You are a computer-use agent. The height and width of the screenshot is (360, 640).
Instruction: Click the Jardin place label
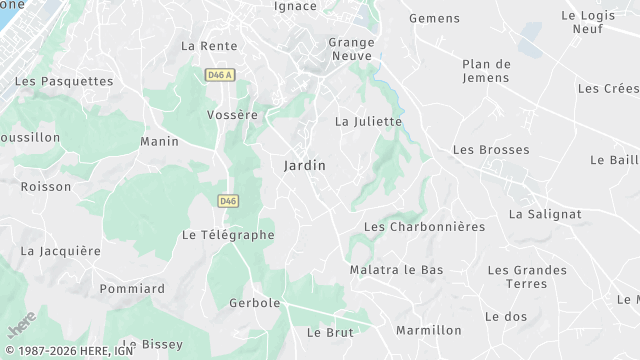point(305,165)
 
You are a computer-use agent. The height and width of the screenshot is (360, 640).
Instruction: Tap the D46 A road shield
point(218,75)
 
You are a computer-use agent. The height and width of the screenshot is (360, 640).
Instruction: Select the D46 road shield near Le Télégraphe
point(228,201)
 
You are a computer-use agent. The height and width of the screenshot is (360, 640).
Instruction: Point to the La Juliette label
point(368,122)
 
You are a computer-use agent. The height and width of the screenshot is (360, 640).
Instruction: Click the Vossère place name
point(232,115)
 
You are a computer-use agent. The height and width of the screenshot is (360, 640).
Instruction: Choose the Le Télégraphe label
point(228,235)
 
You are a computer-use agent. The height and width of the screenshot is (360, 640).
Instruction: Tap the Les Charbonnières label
point(424,227)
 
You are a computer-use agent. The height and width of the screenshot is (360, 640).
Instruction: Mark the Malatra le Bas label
point(396,270)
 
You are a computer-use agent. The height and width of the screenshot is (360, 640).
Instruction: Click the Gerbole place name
point(254,303)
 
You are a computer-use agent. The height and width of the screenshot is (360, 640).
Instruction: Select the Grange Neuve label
point(352,50)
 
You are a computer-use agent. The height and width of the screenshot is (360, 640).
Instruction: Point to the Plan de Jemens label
point(487,72)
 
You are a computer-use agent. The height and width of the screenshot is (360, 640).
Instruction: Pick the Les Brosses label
point(491,149)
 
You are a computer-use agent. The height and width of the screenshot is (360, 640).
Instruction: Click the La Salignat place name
point(545,214)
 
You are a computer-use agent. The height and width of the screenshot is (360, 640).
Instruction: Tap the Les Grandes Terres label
point(527,278)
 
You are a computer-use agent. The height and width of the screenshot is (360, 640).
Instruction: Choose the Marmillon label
point(429,330)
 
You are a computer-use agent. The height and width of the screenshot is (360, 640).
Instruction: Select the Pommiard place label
point(132,289)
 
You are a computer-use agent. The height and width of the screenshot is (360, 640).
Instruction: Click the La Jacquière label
point(61,251)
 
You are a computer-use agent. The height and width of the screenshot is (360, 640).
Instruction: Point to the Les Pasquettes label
point(64,81)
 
